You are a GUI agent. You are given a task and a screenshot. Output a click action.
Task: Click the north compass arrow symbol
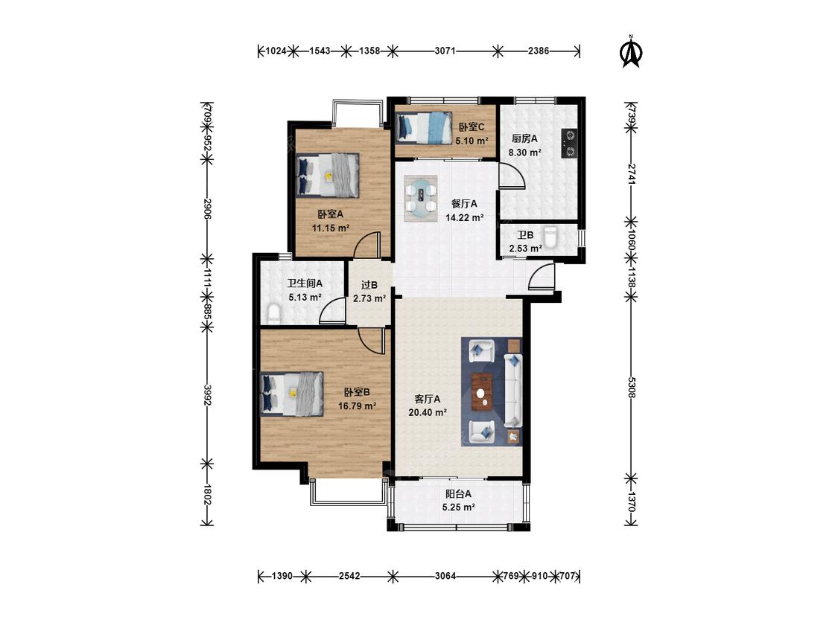(x=631, y=52)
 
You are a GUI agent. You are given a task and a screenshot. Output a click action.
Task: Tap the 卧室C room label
(x=472, y=127)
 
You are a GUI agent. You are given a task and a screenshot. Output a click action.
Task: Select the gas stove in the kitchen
(x=569, y=143)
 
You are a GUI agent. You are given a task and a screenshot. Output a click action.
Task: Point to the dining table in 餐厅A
(x=421, y=198)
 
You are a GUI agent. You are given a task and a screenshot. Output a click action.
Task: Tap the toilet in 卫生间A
(x=273, y=314)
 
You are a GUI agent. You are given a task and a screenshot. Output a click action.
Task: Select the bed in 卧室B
(x=292, y=394)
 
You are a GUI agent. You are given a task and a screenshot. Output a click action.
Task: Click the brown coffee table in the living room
(x=483, y=391)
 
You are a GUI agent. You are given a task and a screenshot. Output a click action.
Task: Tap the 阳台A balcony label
(x=459, y=494)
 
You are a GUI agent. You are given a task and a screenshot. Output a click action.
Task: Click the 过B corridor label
(x=369, y=285)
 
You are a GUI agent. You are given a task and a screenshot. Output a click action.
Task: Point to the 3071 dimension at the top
(x=445, y=51)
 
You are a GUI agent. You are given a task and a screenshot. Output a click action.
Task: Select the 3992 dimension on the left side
(x=207, y=394)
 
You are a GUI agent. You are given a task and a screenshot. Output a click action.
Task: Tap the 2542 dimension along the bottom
(x=349, y=576)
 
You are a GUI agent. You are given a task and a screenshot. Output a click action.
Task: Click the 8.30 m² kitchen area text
(x=525, y=153)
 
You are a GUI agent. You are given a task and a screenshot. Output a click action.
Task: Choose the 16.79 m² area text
(x=357, y=406)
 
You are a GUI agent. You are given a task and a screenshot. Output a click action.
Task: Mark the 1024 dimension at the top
(x=276, y=51)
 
